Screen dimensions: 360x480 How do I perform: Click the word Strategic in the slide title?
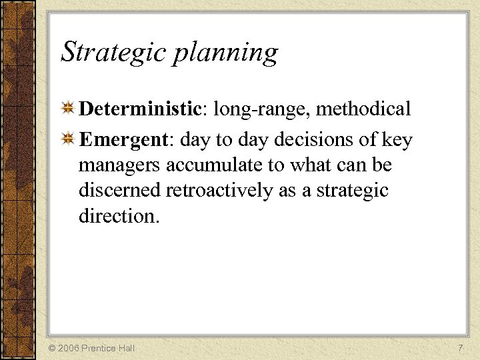point(113,53)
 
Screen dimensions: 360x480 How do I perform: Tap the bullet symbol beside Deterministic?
point(68,108)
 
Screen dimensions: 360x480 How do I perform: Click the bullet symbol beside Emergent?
point(68,140)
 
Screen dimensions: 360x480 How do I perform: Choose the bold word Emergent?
point(123,141)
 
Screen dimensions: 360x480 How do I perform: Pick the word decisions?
point(317,140)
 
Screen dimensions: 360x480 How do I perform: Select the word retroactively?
point(220,191)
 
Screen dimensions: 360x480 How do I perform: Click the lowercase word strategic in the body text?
point(353,191)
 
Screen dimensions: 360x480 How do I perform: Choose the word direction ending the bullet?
point(117,216)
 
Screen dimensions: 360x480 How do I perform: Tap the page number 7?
point(460,348)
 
